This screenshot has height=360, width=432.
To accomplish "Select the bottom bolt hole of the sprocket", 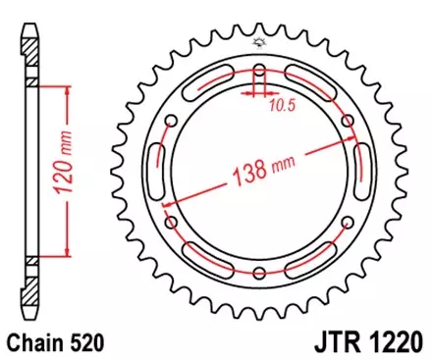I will click(x=259, y=275).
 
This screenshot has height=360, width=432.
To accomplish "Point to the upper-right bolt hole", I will click(x=348, y=121).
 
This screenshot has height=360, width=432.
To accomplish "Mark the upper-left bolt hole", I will click(x=170, y=121).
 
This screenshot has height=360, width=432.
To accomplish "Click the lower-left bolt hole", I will click(x=170, y=224).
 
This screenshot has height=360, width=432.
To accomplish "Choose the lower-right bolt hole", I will click(x=348, y=224).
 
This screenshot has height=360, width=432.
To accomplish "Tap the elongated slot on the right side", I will click(x=362, y=173).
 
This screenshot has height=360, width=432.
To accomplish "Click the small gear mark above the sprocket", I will click(x=259, y=41).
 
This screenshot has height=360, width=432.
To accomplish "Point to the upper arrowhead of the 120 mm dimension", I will click(x=66, y=89).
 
